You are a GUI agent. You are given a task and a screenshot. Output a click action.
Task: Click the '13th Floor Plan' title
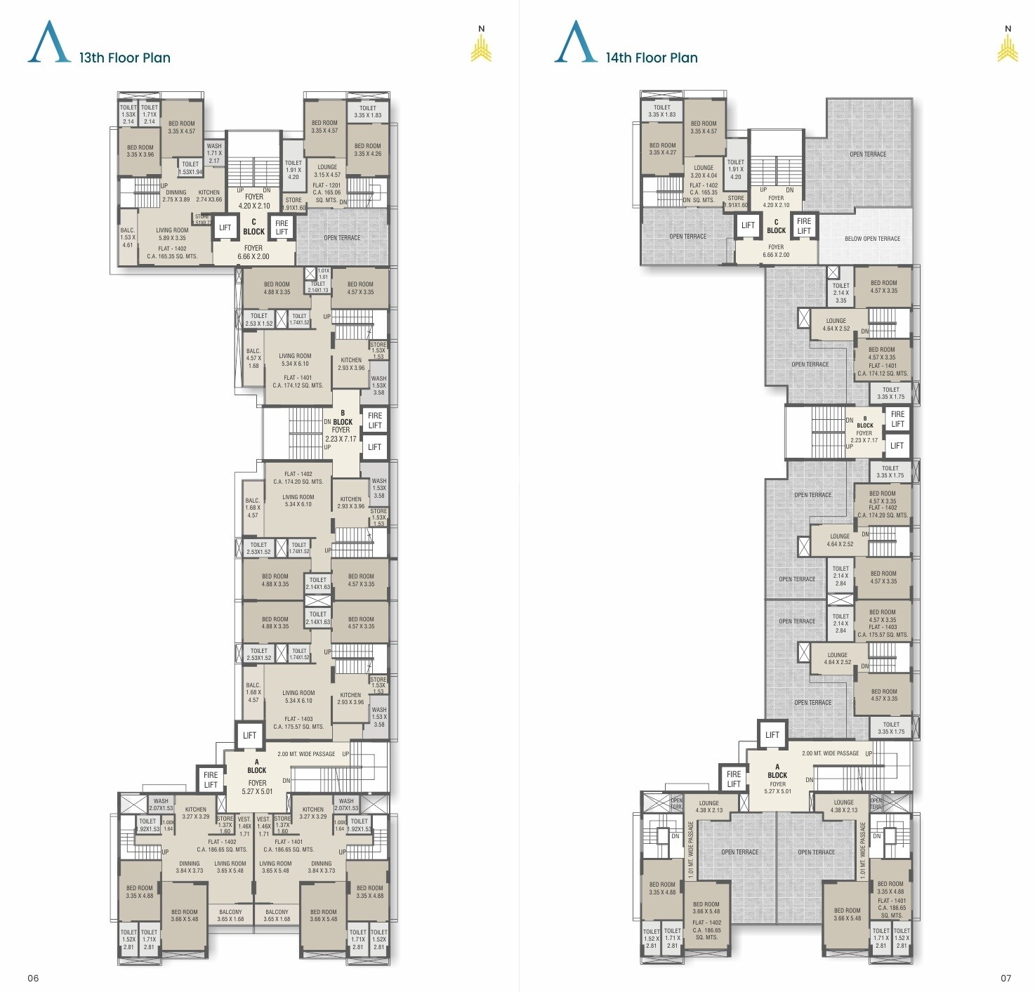[x=124, y=58]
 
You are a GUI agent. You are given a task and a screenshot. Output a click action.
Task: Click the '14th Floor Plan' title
[x=652, y=58]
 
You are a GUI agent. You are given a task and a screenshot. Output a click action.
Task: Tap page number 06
[x=33, y=978]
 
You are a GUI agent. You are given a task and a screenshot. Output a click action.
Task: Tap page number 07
[x=1006, y=978]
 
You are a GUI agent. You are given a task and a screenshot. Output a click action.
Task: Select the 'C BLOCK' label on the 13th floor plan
[x=253, y=227]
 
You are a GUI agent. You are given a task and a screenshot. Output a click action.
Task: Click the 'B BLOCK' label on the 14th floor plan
[x=865, y=422]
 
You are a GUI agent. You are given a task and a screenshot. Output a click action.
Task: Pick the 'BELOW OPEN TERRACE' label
[x=872, y=239]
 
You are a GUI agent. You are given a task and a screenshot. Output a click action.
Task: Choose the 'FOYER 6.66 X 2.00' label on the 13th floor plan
[x=253, y=252]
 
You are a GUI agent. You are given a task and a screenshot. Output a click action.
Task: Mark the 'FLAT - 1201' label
[x=327, y=185]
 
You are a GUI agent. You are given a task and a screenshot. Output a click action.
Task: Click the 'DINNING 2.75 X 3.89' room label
[x=176, y=196]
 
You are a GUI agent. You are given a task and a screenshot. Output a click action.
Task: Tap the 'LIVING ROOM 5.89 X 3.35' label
[x=172, y=234]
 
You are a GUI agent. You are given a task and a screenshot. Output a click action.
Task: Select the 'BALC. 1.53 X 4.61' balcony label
[x=128, y=237]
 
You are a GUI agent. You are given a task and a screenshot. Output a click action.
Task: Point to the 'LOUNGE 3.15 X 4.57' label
[x=327, y=171]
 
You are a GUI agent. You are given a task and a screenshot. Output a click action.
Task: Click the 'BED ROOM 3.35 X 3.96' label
[x=140, y=151]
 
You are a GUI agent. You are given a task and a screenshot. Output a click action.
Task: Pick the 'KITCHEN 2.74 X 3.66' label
[x=209, y=196]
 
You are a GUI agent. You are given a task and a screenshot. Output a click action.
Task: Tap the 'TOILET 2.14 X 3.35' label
[x=840, y=293]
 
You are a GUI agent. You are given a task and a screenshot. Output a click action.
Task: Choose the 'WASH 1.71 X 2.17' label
[x=214, y=153]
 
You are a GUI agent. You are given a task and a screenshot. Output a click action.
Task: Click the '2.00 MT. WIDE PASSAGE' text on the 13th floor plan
[x=306, y=754]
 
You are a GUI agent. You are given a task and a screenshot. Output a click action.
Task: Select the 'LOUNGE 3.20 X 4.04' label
[x=704, y=171]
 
